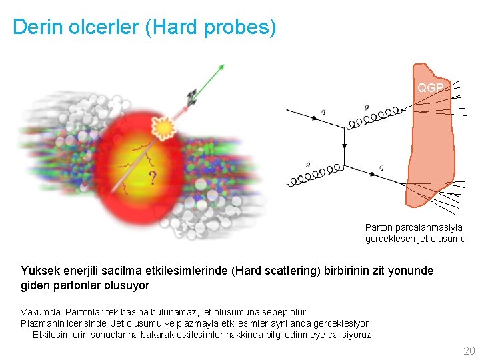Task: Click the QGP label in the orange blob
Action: pyautogui.click(x=430, y=88)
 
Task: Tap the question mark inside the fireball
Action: pyautogui.click(x=153, y=178)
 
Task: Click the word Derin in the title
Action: pyautogui.click(x=34, y=27)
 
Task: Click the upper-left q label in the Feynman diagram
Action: pyautogui.click(x=323, y=112)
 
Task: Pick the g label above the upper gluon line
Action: pyautogui.click(x=366, y=107)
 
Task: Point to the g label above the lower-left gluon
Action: pyautogui.click(x=307, y=164)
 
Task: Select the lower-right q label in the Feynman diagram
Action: pyautogui.click(x=381, y=167)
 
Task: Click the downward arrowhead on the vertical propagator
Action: pyautogui.click(x=344, y=146)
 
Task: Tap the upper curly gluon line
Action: pyautogui.click(x=373, y=117)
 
